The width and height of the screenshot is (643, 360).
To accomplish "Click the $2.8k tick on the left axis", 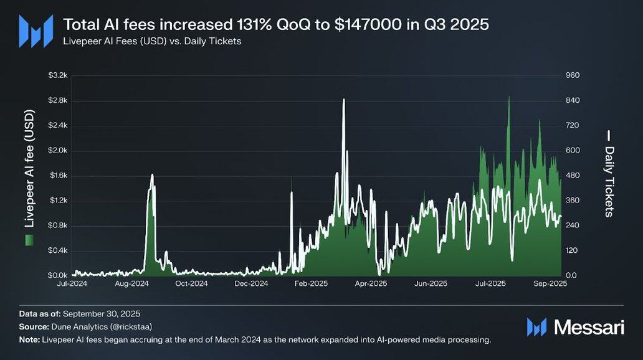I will pos(57,100).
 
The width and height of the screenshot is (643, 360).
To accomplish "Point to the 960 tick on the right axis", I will pos(573,75).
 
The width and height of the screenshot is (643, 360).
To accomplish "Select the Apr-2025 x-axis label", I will pos(371,283).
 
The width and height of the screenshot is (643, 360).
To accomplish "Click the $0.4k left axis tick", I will pos(57,250).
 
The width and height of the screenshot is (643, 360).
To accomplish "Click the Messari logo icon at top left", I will pos(36,31).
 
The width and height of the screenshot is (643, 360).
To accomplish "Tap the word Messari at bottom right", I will pos(589,327).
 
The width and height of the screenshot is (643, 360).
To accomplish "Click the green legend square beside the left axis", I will pos(29,240).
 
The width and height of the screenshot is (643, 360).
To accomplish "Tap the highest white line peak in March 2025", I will pos(343,99).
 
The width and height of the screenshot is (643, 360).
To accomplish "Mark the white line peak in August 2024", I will pos(152,176).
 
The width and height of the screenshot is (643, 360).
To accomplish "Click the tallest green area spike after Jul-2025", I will pos(509,97).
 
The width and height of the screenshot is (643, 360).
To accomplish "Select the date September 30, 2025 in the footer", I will pos(106,313).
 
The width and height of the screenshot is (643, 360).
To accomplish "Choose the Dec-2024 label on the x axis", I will pos(251,283).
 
